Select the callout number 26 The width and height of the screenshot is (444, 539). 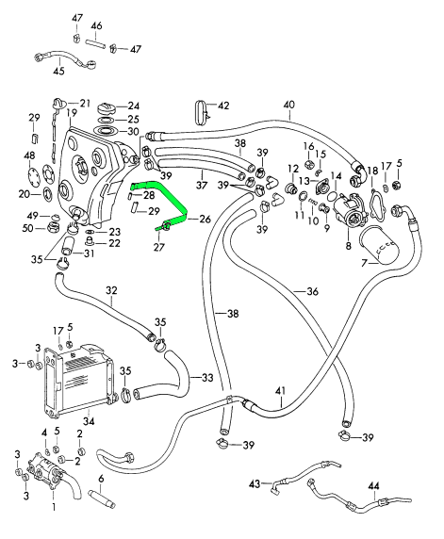205,219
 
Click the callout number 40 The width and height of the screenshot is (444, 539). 289,106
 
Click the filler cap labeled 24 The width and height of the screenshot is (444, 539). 107,108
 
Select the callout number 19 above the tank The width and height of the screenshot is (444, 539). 72,113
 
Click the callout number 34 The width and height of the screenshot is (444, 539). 89,421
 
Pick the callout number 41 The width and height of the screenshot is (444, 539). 280,391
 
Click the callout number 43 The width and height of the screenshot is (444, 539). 255,483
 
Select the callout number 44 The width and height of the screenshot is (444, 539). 374,485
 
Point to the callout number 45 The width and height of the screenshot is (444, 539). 59,72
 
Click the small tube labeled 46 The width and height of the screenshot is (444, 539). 94,44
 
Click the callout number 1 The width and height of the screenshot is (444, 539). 54,507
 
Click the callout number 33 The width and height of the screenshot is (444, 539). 207,378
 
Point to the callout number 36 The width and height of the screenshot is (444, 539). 312,291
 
